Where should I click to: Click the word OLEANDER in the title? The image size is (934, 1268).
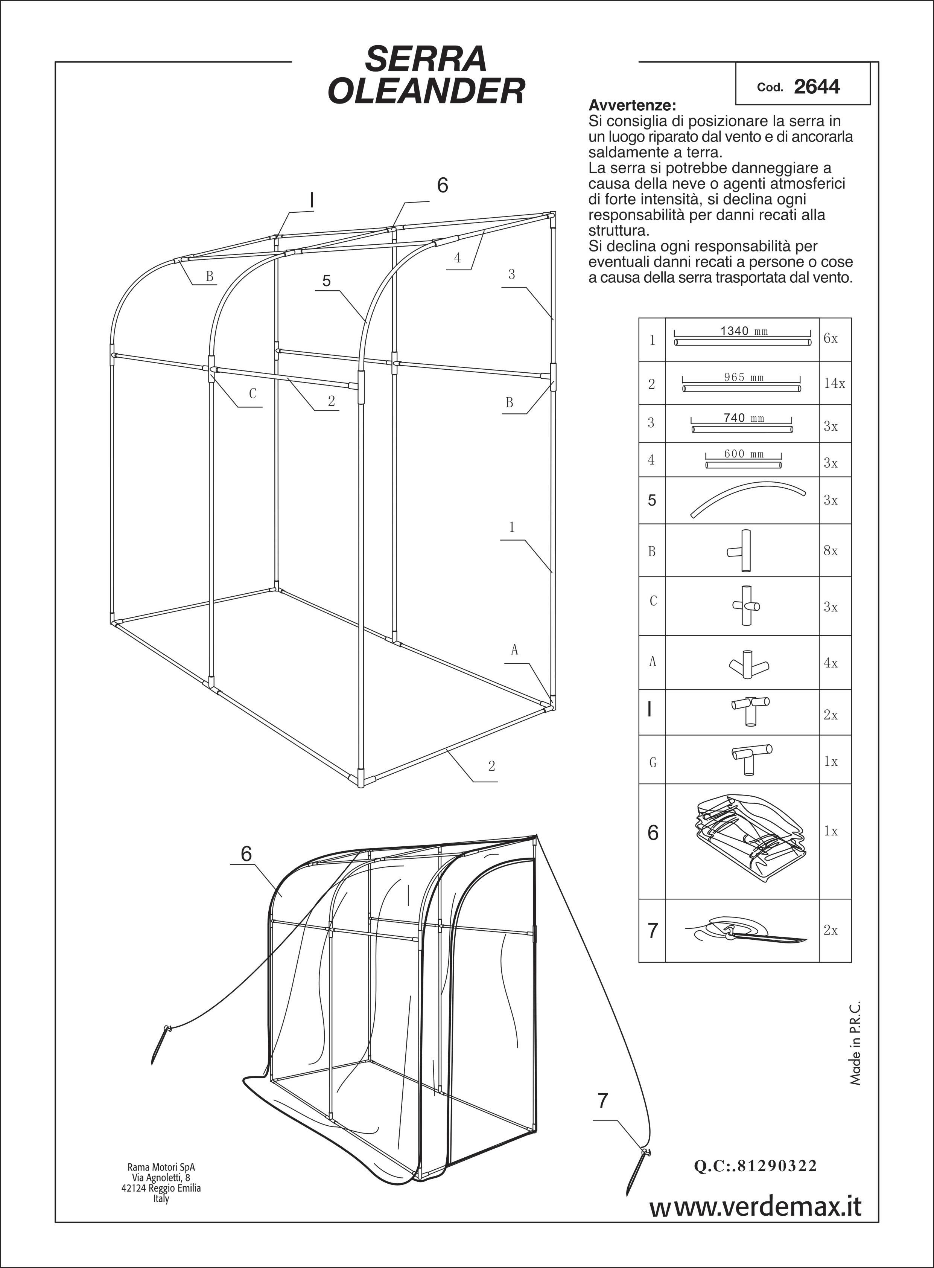(x=426, y=91)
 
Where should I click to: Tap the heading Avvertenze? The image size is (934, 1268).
(x=632, y=105)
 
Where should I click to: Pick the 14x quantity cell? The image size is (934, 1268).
(x=834, y=384)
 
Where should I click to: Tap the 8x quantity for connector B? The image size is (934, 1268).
(x=831, y=551)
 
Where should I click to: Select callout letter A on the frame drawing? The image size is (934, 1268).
(x=514, y=650)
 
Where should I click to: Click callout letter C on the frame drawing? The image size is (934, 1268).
(x=253, y=394)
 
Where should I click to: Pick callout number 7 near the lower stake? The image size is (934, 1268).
(x=603, y=1100)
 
